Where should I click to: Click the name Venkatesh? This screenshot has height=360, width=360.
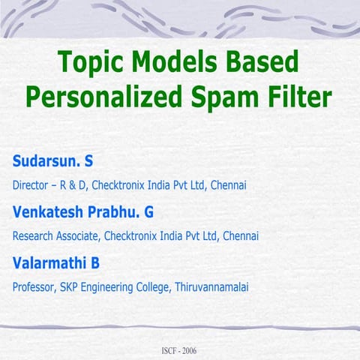tap(49, 212)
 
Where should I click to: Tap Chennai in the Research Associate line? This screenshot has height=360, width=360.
tap(241, 236)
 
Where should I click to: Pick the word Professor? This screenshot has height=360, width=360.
tap(34, 287)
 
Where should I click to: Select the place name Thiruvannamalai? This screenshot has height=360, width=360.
tap(212, 287)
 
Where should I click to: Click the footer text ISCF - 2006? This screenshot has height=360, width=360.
tap(180, 351)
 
